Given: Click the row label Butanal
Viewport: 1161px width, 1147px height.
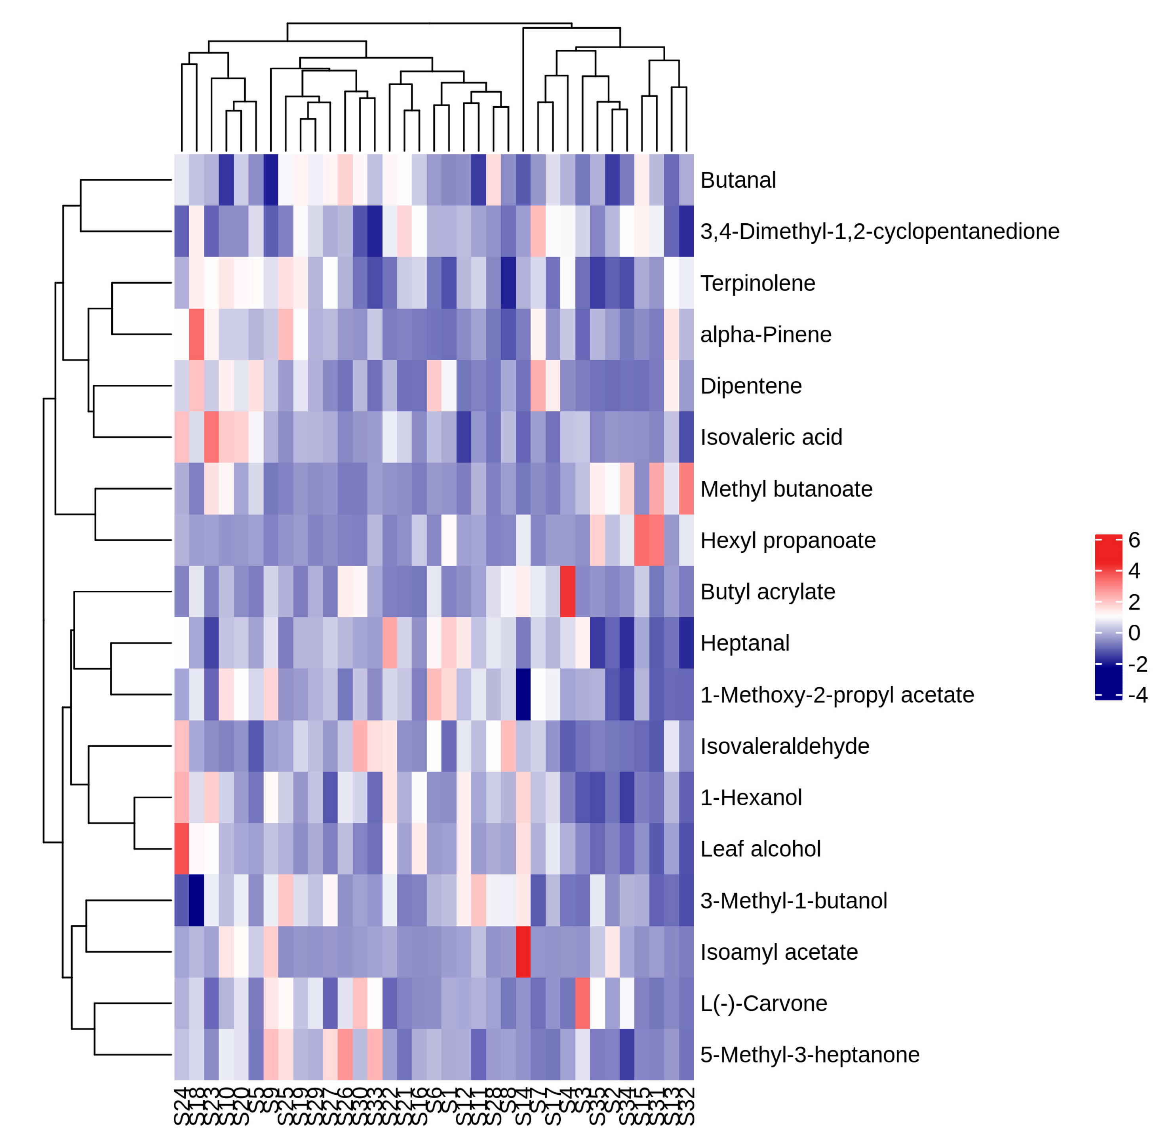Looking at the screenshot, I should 738,180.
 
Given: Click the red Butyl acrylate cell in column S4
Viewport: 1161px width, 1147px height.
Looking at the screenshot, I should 567,592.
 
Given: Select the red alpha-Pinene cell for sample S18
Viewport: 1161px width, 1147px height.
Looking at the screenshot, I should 196,335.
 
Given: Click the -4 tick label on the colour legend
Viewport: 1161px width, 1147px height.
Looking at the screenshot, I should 1138,695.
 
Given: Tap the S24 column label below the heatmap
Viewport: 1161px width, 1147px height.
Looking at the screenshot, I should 181,1105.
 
